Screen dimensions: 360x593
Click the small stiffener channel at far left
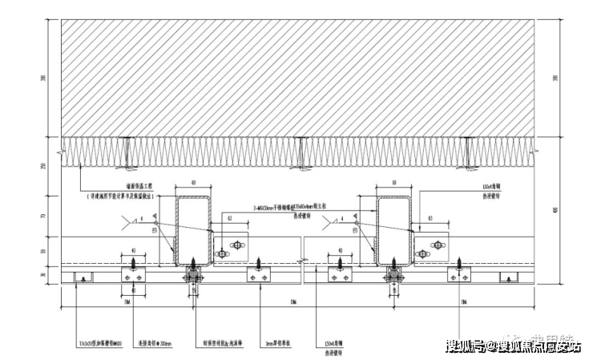(82, 277)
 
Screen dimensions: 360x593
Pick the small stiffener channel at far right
(506, 277)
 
